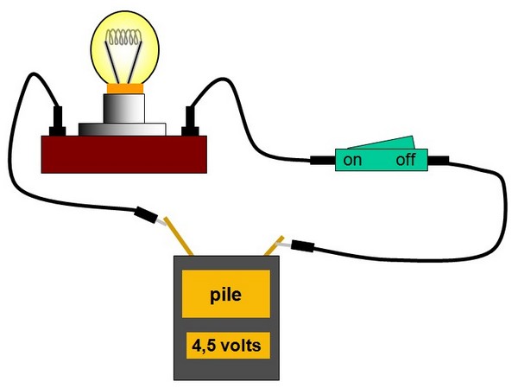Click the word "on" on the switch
[x=352, y=161]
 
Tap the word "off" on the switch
[x=407, y=161]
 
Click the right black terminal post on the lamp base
[x=192, y=120]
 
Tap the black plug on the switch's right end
[x=439, y=160]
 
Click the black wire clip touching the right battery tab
[x=301, y=247]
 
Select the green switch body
[x=381, y=162]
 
